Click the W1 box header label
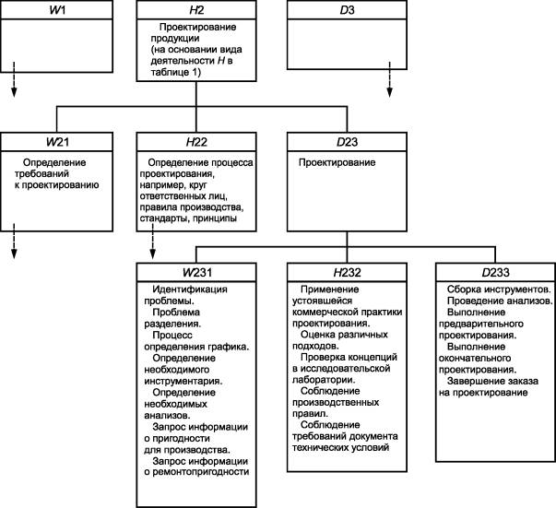(x=57, y=10)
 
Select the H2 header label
(x=196, y=10)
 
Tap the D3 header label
(x=347, y=10)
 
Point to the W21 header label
(x=57, y=142)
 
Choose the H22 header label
(x=196, y=142)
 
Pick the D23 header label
(x=347, y=142)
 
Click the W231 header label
(x=197, y=272)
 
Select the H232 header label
(x=347, y=272)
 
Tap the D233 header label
(x=495, y=272)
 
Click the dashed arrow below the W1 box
(x=14, y=79)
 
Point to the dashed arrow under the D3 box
(x=390, y=79)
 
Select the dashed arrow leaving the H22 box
(x=152, y=241)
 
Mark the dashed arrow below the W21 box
(x=14, y=241)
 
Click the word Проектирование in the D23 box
(x=337, y=162)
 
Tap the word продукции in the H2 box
(x=175, y=39)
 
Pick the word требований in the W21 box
(x=41, y=173)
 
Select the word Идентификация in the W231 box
(x=190, y=289)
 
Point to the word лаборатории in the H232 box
(x=324, y=380)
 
